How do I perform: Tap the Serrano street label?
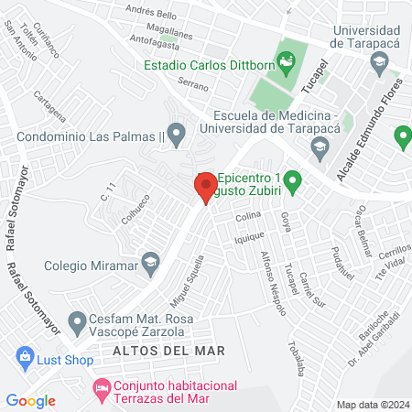(193, 85)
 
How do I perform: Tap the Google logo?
(31, 400)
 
